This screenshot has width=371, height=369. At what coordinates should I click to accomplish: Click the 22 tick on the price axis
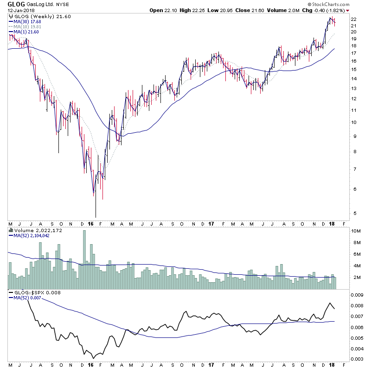tap(353, 19)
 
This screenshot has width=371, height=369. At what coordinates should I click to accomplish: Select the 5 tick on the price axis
tap(353, 214)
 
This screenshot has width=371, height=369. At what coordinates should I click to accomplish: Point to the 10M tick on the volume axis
tap(355, 231)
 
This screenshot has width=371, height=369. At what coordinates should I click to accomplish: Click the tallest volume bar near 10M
tap(84, 260)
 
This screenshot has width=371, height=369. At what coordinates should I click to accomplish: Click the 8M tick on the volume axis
tap(355, 242)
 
